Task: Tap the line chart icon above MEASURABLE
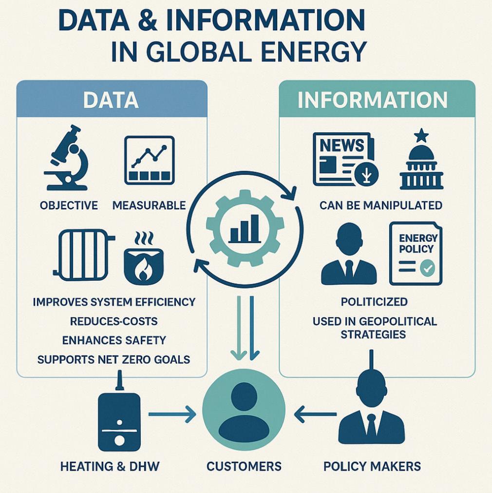149,160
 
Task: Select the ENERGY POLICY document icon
416,254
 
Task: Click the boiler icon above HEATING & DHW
119,419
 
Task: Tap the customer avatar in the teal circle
244,410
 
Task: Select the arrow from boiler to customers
171,415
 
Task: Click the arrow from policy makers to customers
315,415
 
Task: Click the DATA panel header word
111,100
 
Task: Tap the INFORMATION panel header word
373,100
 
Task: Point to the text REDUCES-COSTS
114,321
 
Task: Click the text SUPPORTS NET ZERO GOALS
114,360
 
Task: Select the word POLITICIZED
374,302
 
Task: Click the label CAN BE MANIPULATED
381,205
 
